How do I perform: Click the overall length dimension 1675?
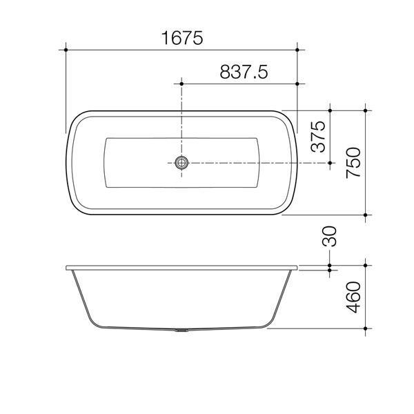(182, 39)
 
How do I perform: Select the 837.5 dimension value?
(243, 72)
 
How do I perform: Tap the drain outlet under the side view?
(181, 331)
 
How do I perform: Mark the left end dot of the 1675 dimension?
(66, 50)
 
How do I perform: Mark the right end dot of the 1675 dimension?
(297, 50)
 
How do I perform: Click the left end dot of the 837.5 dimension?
(181, 83)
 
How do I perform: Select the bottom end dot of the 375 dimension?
(331, 163)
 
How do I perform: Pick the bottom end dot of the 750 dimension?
(365, 215)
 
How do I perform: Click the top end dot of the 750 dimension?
(365, 110)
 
